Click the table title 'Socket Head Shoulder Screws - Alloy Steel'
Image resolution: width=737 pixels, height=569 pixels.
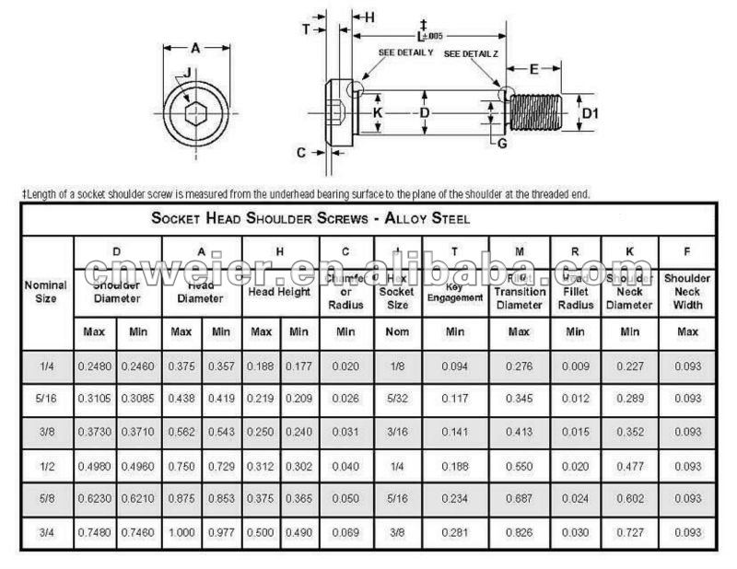coord(310,219)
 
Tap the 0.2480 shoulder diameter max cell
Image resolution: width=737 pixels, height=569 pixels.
coord(95,366)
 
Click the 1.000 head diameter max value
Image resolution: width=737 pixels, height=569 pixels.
coord(181,532)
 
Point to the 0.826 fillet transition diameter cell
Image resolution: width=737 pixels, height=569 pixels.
coord(520,532)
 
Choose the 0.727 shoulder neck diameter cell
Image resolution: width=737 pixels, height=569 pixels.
coord(630,532)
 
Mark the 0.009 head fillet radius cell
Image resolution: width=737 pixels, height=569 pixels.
coord(576,366)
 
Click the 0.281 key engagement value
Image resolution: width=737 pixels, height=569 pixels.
coord(454,532)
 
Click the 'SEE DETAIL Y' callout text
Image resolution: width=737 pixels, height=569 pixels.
coord(405,52)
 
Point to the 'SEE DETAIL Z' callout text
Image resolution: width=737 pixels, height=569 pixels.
coord(471,53)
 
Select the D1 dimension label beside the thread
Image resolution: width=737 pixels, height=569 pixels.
coord(591,112)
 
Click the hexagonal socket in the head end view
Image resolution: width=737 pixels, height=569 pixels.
coord(195,114)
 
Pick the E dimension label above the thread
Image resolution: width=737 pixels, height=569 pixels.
coord(533,69)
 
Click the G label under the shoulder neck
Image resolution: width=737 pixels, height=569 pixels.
coord(501,143)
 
